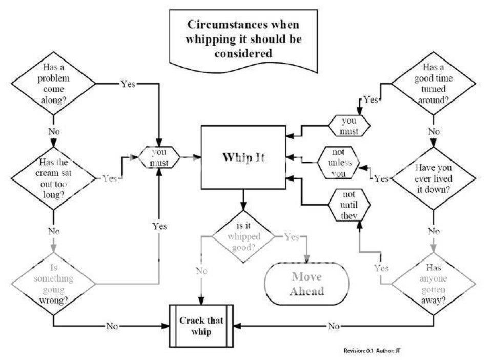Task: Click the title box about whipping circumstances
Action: pos(244,38)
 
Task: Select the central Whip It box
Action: pos(243,157)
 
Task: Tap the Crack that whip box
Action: pos(201,326)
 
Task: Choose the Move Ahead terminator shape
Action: pos(307,284)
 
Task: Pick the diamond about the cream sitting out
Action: pos(54,178)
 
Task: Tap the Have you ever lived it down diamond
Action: pos(434,178)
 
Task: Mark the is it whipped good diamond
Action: pos(242,236)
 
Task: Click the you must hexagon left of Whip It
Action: pos(159,157)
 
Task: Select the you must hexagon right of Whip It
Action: pos(350,126)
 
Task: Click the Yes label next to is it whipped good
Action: pos(291,237)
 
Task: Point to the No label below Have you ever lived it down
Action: pos(434,231)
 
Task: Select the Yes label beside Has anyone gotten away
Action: pos(381,268)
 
